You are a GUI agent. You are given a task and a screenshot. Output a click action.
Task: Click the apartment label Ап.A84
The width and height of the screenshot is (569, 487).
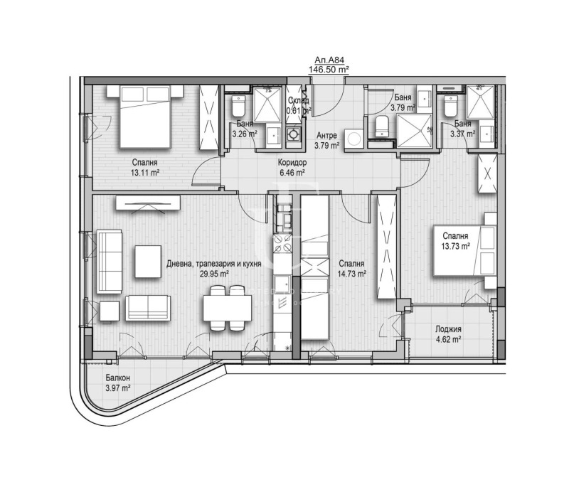328,61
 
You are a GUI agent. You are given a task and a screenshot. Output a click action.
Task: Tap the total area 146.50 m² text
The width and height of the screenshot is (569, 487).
328,70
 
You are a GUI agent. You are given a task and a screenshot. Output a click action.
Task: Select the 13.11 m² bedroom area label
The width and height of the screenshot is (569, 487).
144,172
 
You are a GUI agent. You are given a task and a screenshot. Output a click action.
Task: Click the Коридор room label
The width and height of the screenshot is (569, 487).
292,162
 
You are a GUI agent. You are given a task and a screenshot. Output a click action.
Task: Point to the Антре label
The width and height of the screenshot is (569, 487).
326,135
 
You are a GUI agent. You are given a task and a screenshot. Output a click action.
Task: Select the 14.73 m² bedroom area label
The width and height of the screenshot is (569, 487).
352,273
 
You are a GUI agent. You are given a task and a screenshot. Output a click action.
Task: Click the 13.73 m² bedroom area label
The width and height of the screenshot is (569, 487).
456,246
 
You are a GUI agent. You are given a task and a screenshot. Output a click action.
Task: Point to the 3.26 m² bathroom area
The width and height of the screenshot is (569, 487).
245,132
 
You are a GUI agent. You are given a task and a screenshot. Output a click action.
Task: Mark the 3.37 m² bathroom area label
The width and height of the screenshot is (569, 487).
464,133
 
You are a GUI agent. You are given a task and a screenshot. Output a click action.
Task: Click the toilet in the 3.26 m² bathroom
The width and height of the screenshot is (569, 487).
238,106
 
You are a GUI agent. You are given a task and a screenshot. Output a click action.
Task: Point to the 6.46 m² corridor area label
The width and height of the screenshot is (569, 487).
292,172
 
